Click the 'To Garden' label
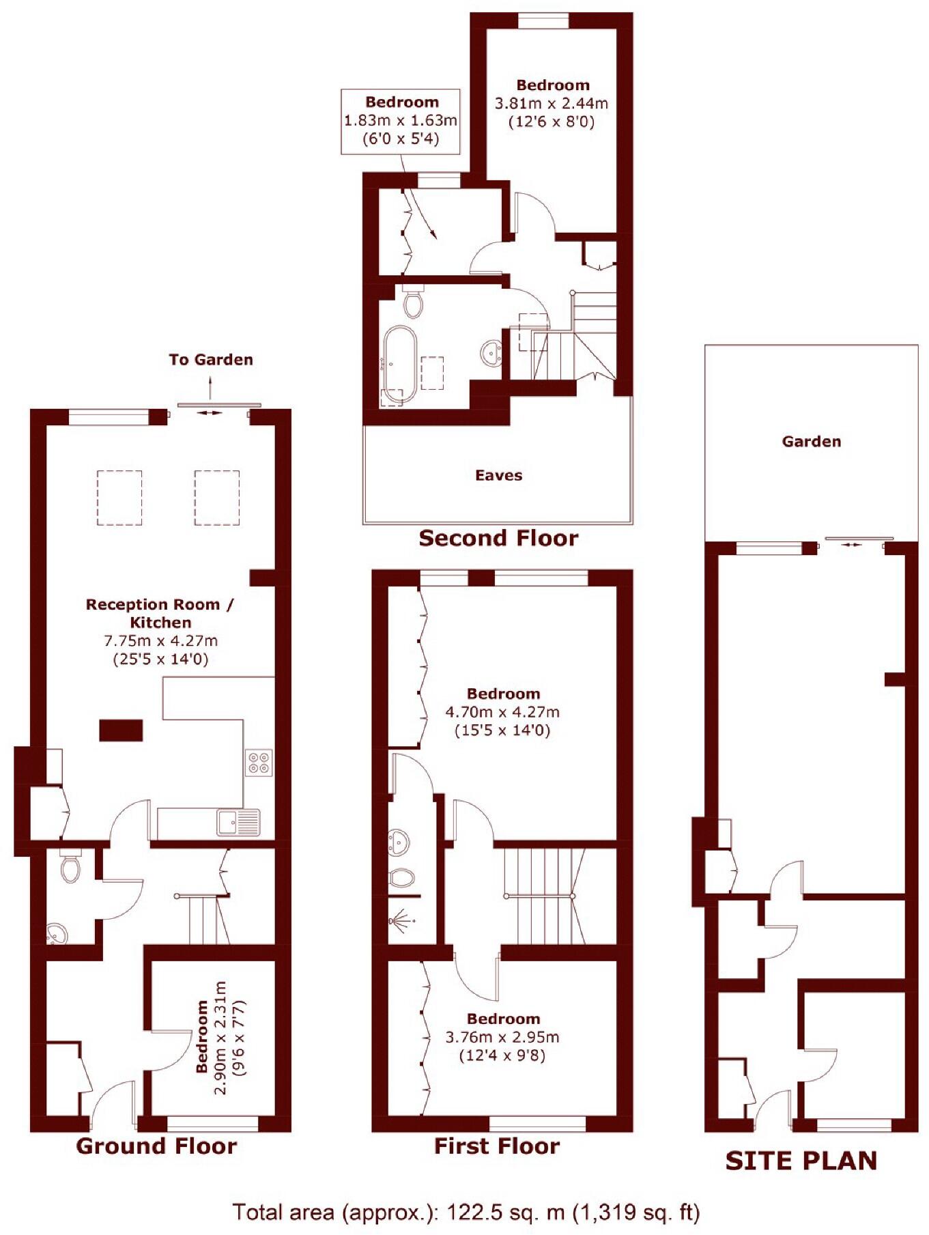coord(211,360)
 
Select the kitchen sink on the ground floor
coord(238,822)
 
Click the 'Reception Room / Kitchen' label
coord(160,613)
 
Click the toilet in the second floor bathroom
coord(413,302)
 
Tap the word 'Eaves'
coord(498,476)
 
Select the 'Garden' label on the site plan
coord(811,442)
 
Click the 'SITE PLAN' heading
coord(801,1161)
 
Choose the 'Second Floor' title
coord(498,539)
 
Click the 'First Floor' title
coord(497,1146)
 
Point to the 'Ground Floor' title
coord(156,1146)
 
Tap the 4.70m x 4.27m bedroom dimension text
coord(502,712)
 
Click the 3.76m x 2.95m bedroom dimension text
coord(502,1037)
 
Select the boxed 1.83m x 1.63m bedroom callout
coord(401,121)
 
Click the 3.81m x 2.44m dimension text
coord(552,104)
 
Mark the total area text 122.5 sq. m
coord(466,1212)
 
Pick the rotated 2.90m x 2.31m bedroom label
coord(220,1038)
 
